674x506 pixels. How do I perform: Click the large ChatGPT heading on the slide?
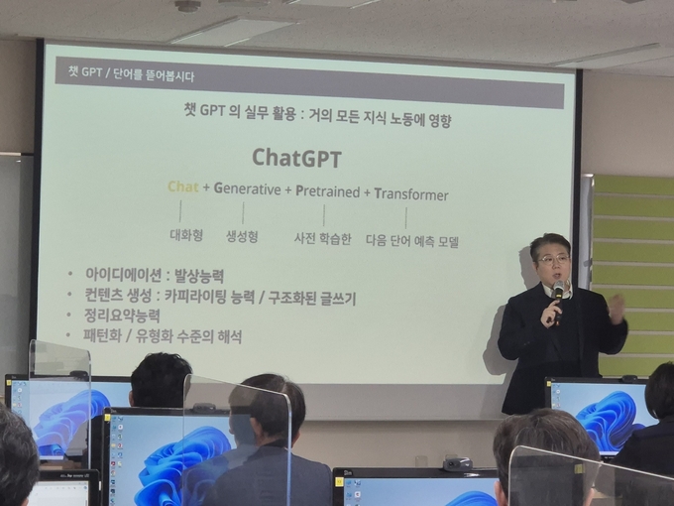(x=296, y=158)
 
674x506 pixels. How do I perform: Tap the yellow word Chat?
(x=183, y=187)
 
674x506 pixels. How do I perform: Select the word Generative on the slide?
(x=247, y=189)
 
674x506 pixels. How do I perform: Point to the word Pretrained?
(x=327, y=191)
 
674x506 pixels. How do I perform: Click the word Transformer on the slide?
(x=411, y=194)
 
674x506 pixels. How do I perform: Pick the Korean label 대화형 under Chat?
(x=186, y=235)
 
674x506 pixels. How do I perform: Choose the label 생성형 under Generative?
(x=242, y=236)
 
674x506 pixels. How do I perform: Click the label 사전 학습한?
(x=322, y=238)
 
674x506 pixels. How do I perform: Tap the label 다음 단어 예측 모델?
(x=412, y=241)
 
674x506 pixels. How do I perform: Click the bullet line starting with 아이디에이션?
(x=155, y=275)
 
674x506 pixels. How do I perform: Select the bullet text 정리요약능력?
(x=122, y=316)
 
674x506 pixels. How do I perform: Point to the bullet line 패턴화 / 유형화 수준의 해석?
(x=163, y=335)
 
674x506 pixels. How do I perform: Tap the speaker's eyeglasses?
(x=553, y=259)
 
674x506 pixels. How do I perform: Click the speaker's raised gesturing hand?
(x=618, y=309)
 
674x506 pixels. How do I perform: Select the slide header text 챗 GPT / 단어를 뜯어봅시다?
(x=131, y=73)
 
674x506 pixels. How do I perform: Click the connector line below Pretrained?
(x=324, y=215)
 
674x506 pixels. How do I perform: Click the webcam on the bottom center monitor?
(x=457, y=464)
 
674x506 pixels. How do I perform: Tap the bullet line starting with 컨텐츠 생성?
(x=220, y=297)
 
